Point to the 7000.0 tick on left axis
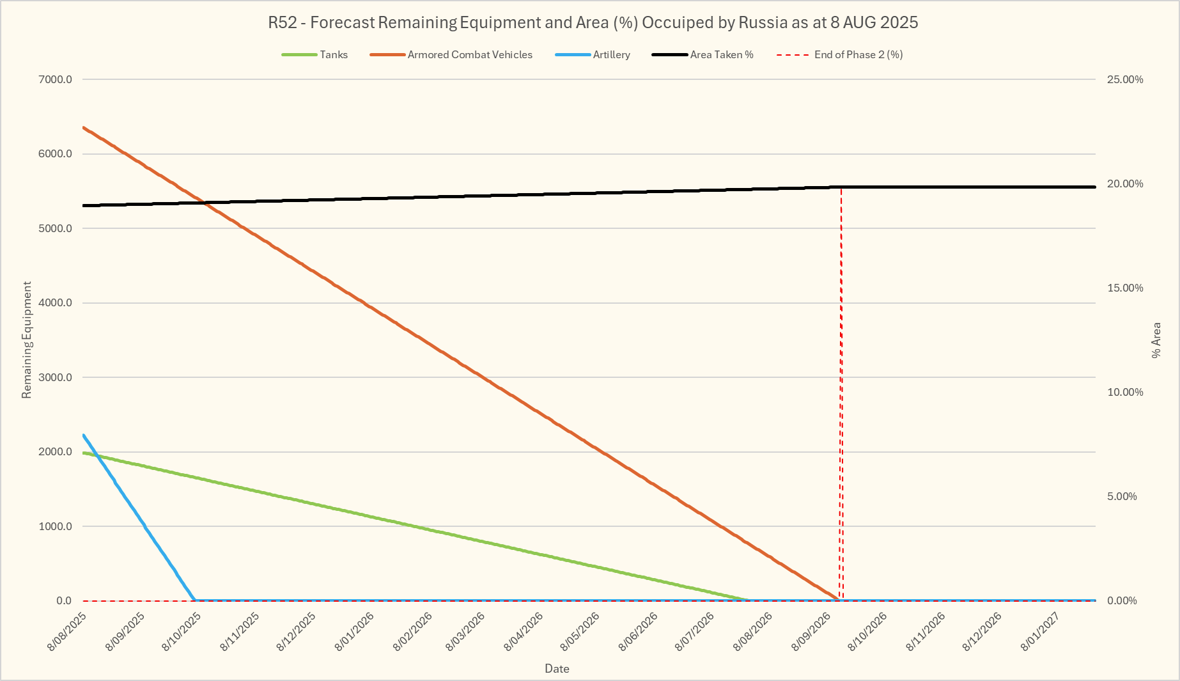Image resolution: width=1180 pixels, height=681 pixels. (55, 80)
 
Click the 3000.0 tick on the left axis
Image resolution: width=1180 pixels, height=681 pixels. (55, 378)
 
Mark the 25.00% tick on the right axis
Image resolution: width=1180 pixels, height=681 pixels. (1125, 80)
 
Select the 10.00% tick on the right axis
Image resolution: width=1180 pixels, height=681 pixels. (1125, 393)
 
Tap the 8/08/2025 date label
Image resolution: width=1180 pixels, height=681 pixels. (67, 632)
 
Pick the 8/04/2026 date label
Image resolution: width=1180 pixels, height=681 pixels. (524, 632)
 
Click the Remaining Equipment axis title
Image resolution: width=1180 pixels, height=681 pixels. (27, 340)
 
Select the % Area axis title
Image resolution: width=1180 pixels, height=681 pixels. (1156, 340)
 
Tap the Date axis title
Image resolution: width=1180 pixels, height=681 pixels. (557, 669)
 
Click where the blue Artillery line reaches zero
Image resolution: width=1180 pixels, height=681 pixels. (194, 600)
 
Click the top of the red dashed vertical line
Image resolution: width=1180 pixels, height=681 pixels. (841, 188)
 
